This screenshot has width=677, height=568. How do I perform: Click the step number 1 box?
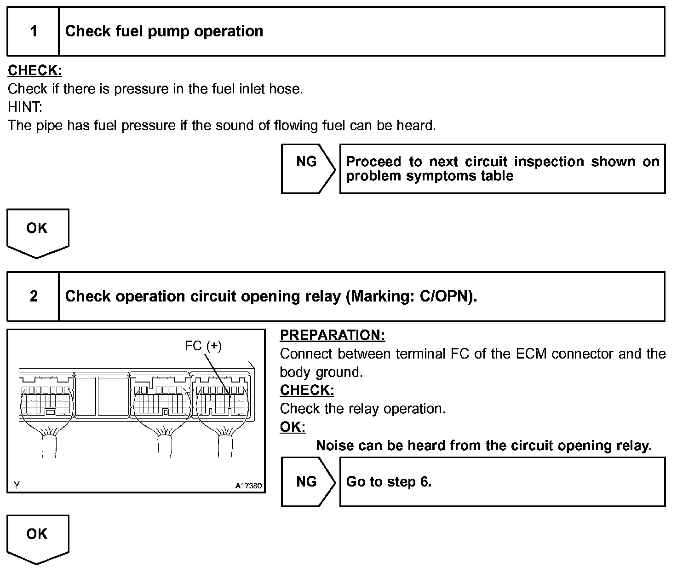(x=33, y=31)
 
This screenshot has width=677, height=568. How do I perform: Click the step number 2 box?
(x=33, y=296)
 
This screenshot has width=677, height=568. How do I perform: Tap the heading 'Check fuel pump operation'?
(x=164, y=31)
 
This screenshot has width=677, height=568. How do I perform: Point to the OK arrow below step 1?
(x=37, y=232)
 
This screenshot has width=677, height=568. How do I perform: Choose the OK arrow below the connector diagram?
(x=37, y=537)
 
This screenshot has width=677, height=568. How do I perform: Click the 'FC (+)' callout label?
(x=203, y=346)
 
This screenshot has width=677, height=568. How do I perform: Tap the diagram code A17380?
(x=248, y=486)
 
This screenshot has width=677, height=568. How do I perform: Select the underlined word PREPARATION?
(x=332, y=335)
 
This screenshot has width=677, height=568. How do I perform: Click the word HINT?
(x=25, y=107)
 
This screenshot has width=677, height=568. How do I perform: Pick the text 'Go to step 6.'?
(x=389, y=481)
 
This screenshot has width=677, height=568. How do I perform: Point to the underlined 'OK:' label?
(x=293, y=427)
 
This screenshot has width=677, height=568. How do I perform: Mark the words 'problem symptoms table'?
(x=429, y=176)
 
